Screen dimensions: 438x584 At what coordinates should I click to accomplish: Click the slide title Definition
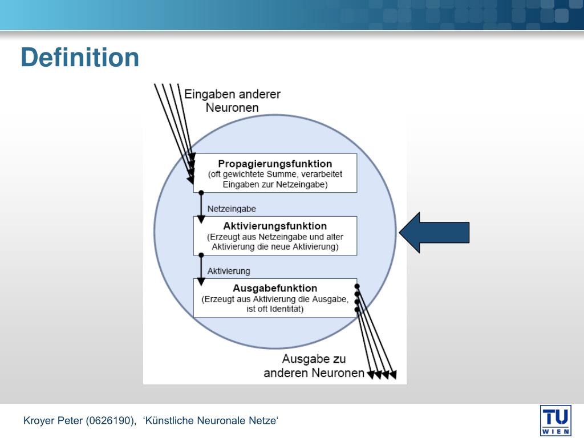(80, 58)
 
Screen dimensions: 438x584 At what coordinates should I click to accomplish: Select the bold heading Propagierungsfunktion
(275, 164)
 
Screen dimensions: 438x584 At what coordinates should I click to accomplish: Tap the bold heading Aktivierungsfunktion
(275, 226)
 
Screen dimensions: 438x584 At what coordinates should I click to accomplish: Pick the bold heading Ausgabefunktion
(275, 288)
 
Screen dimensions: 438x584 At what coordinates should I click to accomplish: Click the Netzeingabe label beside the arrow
(232, 209)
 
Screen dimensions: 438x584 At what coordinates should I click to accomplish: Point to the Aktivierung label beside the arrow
(228, 271)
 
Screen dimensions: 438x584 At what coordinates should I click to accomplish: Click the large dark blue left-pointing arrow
(434, 232)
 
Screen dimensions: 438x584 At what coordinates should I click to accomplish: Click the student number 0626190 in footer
(111, 421)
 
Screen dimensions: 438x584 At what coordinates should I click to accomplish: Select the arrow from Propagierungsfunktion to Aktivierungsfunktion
(201, 206)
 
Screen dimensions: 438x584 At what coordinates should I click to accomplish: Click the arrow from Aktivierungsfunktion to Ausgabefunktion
(201, 269)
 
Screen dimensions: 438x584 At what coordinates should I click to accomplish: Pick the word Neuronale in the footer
(221, 421)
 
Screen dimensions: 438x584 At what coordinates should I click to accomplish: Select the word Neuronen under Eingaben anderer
(232, 107)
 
